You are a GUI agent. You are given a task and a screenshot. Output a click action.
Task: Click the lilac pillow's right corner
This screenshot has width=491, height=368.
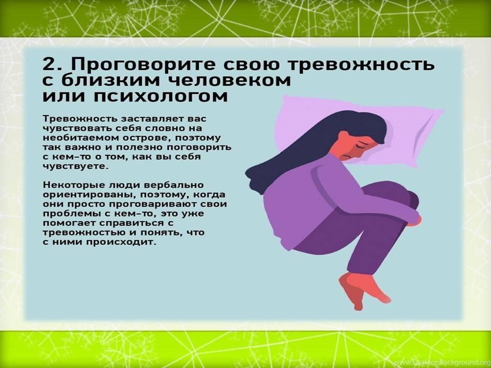coord(442,110)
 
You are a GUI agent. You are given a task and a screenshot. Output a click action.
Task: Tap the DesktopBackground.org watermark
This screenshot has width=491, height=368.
coord(452,362)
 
